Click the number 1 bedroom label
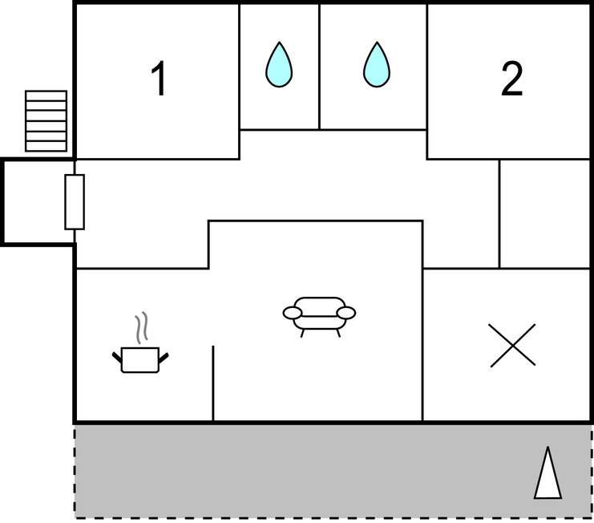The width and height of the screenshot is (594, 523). coord(159,79)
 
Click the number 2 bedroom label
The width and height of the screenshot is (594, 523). coord(511,79)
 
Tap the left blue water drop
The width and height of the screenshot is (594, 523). coord(279,64)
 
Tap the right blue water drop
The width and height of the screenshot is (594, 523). coord(377,64)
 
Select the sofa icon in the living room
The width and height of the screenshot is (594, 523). coord(319,317)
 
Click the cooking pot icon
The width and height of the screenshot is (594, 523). coord(140,359)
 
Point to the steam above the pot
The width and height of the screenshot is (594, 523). coord(142,327)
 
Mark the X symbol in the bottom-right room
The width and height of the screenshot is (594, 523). coord(512,345)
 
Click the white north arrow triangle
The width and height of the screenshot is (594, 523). coord(548,472)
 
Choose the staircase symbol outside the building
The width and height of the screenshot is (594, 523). coord(46,121)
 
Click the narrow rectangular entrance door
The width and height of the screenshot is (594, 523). coord(75,202)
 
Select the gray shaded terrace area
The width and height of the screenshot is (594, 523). coord(333,472)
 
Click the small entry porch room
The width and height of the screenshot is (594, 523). coord(38,202)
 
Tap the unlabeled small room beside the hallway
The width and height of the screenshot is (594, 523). coord(545,213)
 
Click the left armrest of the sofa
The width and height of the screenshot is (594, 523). coord(293,313)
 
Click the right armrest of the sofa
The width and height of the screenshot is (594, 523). coord(345,313)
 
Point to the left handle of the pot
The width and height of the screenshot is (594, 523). coord(117,357)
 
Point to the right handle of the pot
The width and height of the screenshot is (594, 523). coord(164,358)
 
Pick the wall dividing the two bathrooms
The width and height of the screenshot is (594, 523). coord(319,67)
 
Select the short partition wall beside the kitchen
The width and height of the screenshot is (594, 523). coord(213,383)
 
